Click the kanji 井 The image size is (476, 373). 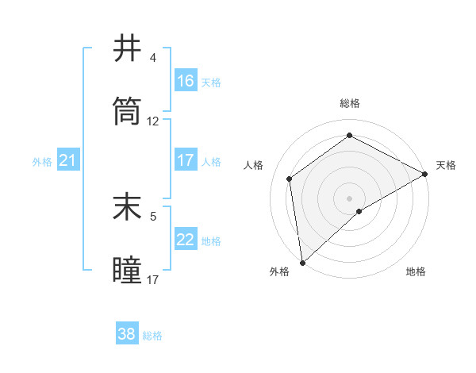128,49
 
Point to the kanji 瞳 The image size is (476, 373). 128,269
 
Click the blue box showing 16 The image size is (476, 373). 186,80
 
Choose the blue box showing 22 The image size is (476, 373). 186,240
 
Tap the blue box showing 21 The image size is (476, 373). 68,161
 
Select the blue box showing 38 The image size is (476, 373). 127,334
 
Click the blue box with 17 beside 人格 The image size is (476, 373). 186,161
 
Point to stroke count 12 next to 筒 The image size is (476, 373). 153,121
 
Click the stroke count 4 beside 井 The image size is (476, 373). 153,58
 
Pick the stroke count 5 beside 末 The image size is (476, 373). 153,215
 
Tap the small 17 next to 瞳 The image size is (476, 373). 153,279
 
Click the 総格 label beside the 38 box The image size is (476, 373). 153,336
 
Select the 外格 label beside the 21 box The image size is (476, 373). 42,162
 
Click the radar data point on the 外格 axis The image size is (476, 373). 302,262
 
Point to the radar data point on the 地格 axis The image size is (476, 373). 359,211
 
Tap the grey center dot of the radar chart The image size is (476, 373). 350,198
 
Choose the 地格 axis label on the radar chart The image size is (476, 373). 416,271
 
